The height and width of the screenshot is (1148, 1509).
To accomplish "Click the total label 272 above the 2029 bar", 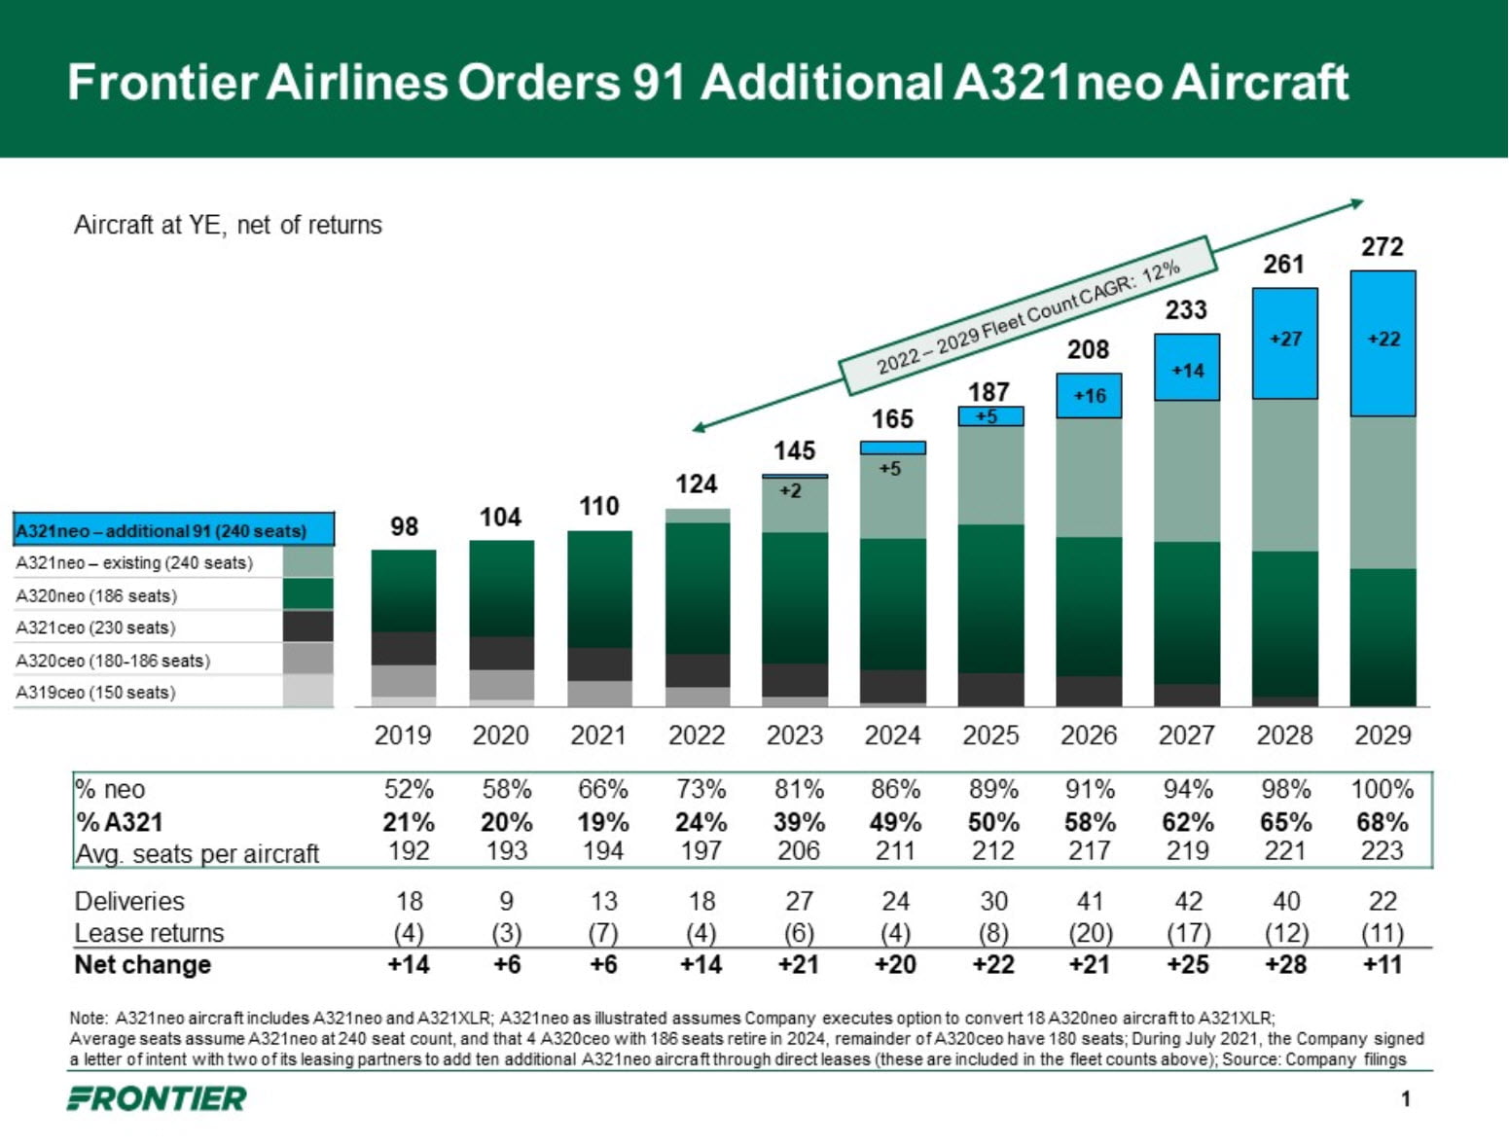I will click(1382, 246).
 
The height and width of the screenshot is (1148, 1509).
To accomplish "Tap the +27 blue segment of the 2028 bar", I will click(1284, 340).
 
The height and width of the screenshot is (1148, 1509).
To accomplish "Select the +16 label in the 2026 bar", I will click(1089, 396).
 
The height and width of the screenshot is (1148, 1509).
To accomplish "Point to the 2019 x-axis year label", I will click(403, 735).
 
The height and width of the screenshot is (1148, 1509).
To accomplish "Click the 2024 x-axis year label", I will click(892, 735).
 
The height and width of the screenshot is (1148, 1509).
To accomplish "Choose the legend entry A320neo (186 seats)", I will click(96, 595).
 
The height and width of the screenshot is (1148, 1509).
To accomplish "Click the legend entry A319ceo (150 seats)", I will click(95, 693).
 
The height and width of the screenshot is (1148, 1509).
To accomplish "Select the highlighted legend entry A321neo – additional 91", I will click(162, 531).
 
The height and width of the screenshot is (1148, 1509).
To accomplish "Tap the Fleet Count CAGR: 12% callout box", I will click(1027, 316).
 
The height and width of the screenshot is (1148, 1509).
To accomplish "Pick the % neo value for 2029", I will click(1382, 789).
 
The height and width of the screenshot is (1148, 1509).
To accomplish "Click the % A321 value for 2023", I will click(799, 822).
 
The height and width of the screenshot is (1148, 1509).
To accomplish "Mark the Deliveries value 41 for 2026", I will click(1090, 901).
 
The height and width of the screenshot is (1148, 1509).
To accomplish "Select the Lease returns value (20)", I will click(1090, 933).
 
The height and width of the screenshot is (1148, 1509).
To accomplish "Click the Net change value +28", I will click(1284, 965).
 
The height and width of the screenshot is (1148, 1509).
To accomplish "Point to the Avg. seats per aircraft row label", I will click(198, 854).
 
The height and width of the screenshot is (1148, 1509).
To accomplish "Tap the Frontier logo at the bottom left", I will click(157, 1099).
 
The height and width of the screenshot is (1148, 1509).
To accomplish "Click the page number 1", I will click(1406, 1099).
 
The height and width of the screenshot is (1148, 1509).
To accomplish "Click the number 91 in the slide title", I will click(659, 82).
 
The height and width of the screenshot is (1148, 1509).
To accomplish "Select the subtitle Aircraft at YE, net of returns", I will click(228, 225).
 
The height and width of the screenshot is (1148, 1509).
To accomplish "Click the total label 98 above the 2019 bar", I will click(404, 526).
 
